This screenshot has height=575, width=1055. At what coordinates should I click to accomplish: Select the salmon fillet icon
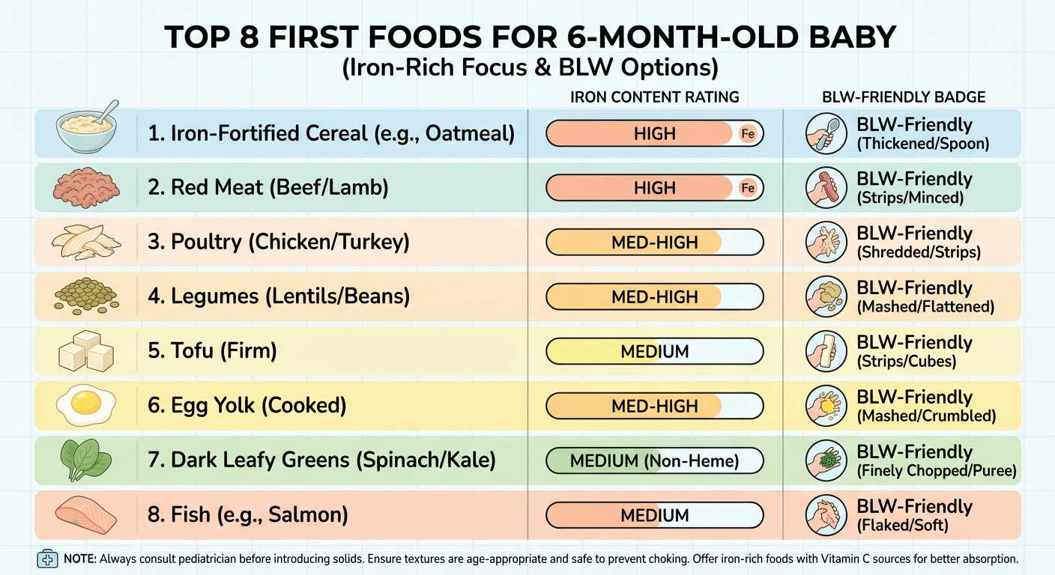(87, 515)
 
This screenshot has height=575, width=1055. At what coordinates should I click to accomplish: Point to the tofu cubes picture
(87, 351)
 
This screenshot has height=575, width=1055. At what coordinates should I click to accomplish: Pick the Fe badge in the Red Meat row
(747, 189)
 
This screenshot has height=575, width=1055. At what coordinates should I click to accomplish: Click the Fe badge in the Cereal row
(747, 134)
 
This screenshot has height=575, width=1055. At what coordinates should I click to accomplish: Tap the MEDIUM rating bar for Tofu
(654, 351)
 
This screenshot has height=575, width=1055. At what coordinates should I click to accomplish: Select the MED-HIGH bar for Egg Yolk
(654, 406)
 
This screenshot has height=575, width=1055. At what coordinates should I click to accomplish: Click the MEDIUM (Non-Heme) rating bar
(654, 460)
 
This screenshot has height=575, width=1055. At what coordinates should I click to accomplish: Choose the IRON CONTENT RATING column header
(654, 97)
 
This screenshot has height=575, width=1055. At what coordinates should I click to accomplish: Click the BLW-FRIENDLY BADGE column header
(903, 97)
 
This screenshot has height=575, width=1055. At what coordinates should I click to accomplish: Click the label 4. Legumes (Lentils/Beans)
(279, 296)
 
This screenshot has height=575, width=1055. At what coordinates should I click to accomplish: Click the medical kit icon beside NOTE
(47, 559)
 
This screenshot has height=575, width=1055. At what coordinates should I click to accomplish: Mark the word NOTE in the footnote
(79, 559)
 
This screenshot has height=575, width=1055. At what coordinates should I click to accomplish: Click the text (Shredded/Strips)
(919, 252)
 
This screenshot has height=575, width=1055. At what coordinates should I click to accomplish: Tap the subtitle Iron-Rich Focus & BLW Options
(530, 68)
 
